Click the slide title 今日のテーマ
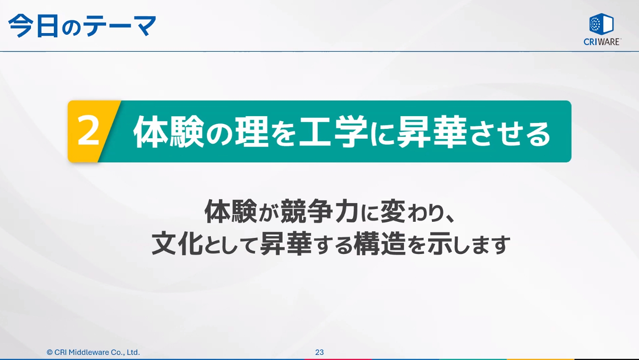coord(82,26)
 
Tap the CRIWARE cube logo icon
coord(601,24)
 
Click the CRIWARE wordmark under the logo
coord(602,42)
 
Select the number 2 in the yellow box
coord(88,131)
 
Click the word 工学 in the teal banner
coord(333,132)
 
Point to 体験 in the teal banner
coord(168,132)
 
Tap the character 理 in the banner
coord(251,132)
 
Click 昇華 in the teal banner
coord(432,132)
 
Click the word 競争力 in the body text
coord(319,211)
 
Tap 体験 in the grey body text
coord(230,211)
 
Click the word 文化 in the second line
coord(177,244)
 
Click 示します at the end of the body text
coord(468,244)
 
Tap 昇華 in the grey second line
coord(286,244)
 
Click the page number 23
coord(319,352)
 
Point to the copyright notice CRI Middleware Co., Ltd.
coord(93,352)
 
